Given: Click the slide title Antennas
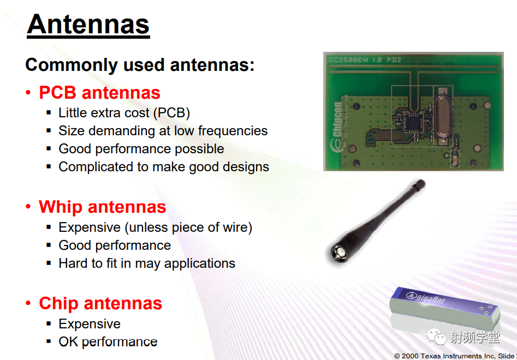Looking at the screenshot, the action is coord(88,25).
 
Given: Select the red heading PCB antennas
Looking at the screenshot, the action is coord(99,93).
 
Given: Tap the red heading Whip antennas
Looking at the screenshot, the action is coord(102,207).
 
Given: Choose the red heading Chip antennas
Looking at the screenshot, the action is coord(100,303).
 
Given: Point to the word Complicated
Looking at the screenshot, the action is coord(96,167).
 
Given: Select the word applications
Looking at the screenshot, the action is coord(200,263).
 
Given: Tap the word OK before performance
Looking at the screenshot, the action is coord(68,342).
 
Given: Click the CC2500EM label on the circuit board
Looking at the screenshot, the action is coord(348,60).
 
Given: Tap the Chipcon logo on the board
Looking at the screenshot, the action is coord(337,127).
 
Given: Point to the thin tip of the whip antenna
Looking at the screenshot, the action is coord(420,183).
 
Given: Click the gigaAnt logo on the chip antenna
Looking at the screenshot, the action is coord(425,297).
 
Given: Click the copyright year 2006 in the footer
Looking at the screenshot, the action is coord(411,356).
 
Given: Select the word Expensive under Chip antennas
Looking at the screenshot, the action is coord(90,324).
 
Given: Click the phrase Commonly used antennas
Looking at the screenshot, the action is coord(140,64).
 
